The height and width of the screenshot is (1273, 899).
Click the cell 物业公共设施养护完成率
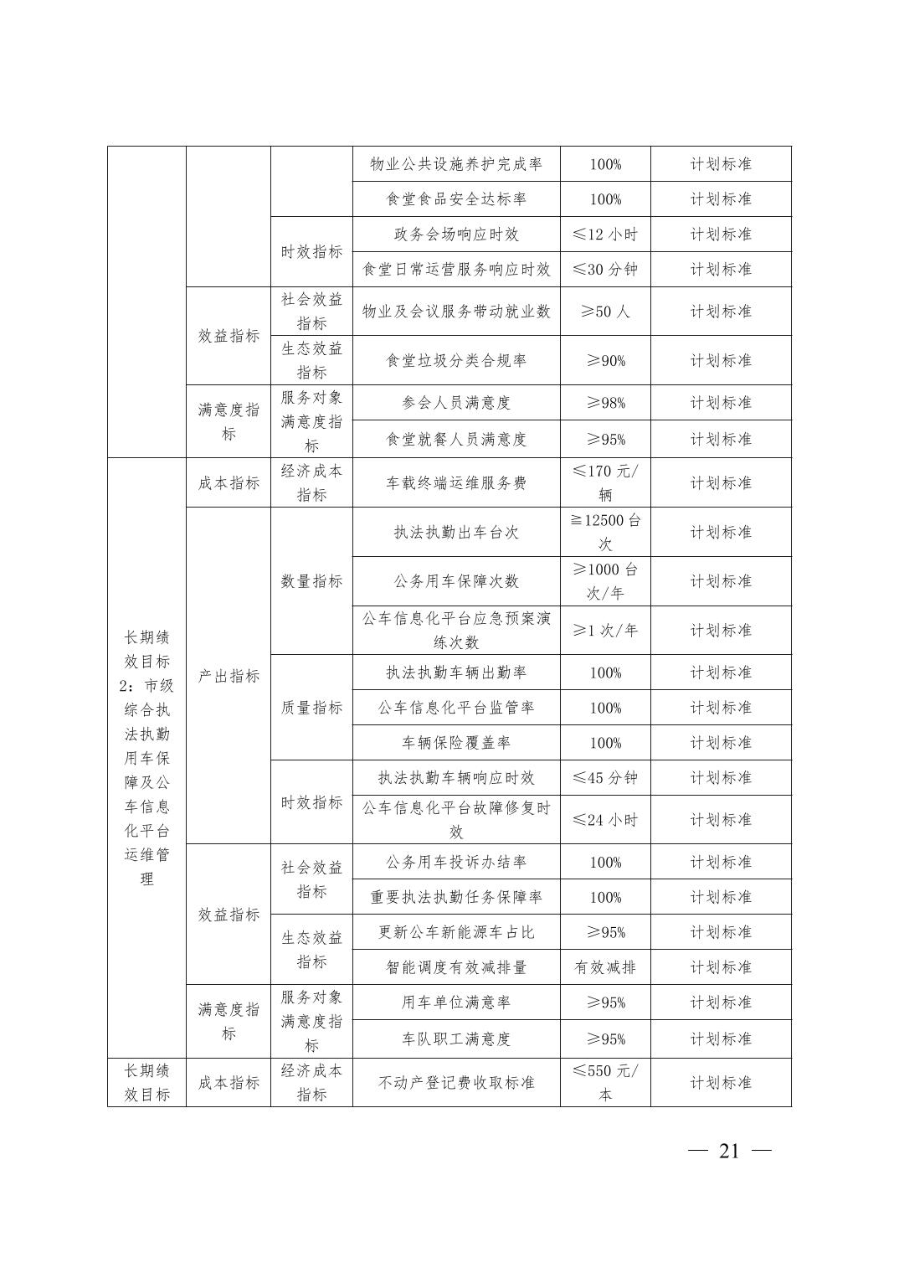coord(456,164)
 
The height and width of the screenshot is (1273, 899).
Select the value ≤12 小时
coord(605,234)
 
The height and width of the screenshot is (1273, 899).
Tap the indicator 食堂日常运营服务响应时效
coord(456,270)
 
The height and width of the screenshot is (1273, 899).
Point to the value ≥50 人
coord(605,312)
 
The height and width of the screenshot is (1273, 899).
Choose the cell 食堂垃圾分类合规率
coord(456,361)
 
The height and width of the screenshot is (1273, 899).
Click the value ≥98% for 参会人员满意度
coord(605,403)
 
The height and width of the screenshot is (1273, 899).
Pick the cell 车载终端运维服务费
coord(456,483)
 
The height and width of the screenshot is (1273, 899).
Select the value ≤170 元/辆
coord(605,483)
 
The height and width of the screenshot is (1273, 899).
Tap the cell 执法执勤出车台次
coord(456,533)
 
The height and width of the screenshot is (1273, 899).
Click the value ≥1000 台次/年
coord(605,581)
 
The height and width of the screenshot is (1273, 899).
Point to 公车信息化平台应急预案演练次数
coord(456,631)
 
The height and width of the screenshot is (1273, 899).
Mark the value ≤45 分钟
coord(605,778)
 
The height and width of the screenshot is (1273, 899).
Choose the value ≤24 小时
coord(605,820)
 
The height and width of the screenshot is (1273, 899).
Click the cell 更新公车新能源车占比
coord(456,932)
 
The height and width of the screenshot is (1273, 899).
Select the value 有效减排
coord(605,967)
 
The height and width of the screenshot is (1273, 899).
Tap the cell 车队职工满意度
coord(456,1039)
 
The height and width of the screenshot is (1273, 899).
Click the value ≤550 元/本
coord(605,1083)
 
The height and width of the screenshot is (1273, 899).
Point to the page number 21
coord(729,1151)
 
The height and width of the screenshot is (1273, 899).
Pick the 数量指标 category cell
coord(311,581)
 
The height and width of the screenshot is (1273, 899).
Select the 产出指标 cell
coord(229,676)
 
